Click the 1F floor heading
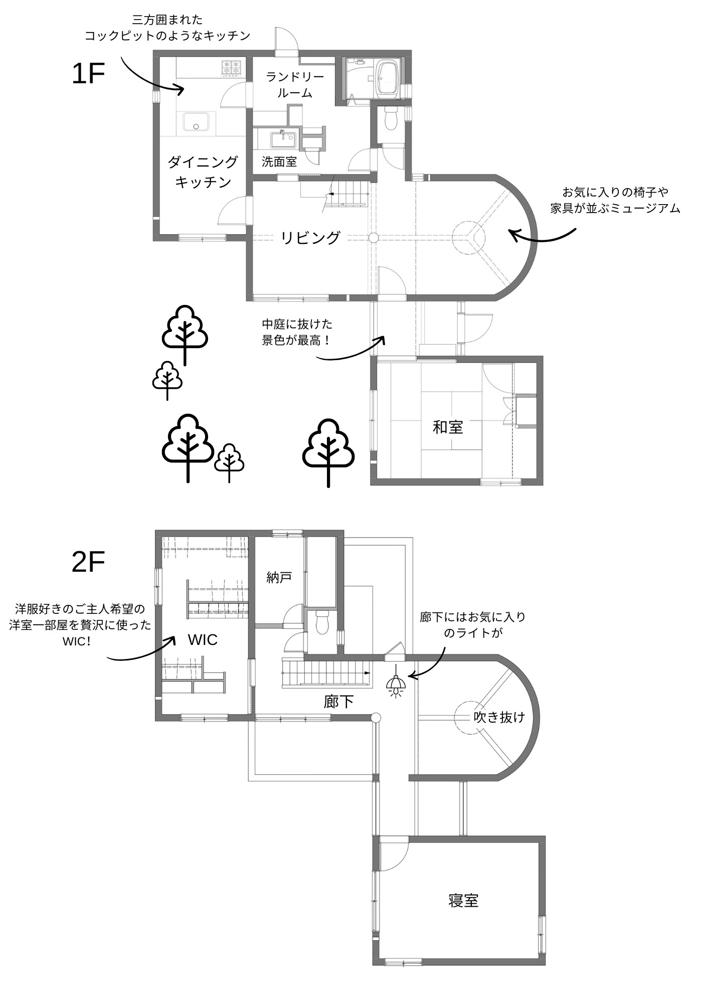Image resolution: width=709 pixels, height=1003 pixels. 88,74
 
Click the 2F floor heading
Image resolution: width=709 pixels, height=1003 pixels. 88,563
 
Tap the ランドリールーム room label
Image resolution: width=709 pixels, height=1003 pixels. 295,85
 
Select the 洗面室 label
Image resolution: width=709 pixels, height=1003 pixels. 279,161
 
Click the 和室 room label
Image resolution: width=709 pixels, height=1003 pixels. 448,427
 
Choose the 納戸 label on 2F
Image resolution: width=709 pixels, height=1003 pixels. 279,577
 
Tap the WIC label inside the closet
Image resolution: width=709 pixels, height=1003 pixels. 203,639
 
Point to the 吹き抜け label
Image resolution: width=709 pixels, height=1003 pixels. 499,717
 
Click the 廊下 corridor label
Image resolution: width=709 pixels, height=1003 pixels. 339,702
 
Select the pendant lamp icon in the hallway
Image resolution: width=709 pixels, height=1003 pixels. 396,685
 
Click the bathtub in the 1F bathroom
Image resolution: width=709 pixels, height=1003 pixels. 387,77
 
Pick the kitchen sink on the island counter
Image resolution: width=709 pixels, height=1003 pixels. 196,122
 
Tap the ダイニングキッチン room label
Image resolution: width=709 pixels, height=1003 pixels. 203,172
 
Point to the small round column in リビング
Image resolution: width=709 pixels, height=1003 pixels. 373,238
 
